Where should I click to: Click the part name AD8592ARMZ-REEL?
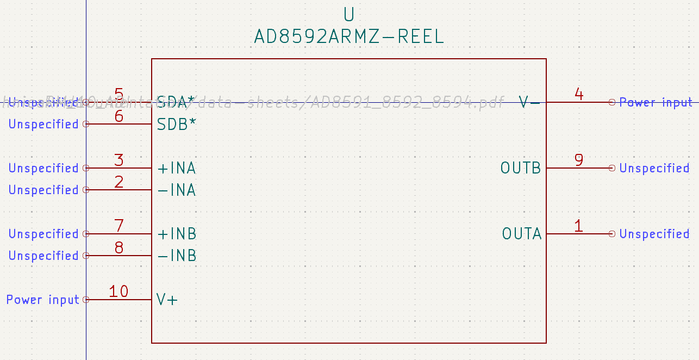(x=349, y=37)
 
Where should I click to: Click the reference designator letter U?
(x=349, y=14)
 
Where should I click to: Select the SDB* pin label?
(x=177, y=125)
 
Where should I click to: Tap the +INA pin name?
(x=177, y=169)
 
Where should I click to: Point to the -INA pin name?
(x=177, y=190)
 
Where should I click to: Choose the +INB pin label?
(x=177, y=234)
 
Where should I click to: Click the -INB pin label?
(x=177, y=256)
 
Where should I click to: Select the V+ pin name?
(x=167, y=300)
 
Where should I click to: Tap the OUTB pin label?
(x=521, y=169)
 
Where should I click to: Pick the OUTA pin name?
(x=522, y=234)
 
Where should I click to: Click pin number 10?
(x=118, y=291)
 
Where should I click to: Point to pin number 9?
(x=579, y=160)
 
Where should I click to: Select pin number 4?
(x=579, y=95)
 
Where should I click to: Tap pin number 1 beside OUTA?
(x=579, y=226)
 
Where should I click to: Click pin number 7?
(x=118, y=226)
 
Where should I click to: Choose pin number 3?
(x=118, y=160)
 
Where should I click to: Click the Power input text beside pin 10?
(x=43, y=300)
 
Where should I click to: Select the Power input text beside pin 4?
(x=656, y=102)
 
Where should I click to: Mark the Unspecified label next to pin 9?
(x=654, y=169)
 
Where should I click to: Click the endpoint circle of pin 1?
(x=612, y=234)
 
